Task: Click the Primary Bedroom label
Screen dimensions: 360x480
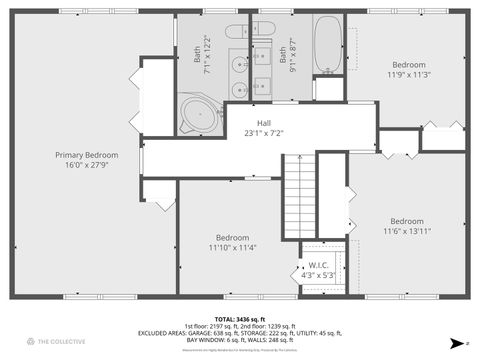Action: [86, 155]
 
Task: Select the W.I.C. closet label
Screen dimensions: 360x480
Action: [320, 265]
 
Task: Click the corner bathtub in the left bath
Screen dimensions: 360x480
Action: [201, 114]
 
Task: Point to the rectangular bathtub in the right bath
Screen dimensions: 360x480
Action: [328, 44]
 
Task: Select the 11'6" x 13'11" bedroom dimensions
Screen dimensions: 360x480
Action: [406, 231]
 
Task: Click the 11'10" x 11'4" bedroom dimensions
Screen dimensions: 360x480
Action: [233, 248]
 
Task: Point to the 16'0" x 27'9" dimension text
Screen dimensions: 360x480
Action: [86, 166]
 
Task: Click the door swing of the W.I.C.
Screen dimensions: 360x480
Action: [306, 271]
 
